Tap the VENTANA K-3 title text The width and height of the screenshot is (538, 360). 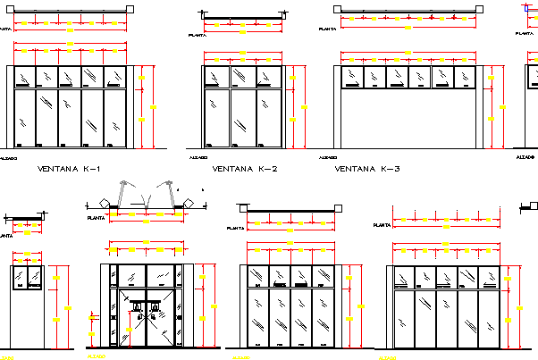coord(366,168)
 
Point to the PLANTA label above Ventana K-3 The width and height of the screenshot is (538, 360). coord(328,29)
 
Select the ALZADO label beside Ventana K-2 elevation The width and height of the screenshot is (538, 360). coord(198,157)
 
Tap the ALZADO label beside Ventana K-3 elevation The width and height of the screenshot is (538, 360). coord(328,157)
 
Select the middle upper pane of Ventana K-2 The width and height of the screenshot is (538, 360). coord(243,77)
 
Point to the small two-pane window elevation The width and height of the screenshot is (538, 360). coord(28,278)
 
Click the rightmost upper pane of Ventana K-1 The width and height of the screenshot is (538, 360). coord(114,77)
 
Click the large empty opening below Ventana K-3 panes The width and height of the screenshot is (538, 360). coord(408,121)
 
